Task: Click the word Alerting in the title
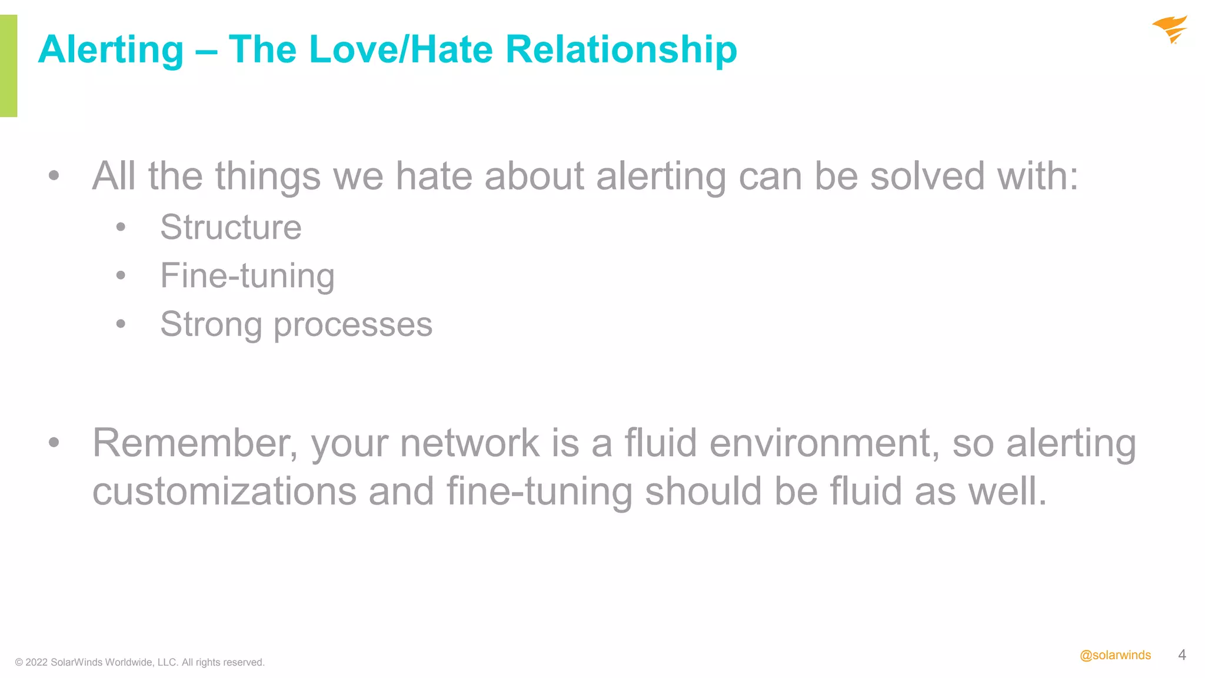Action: point(111,49)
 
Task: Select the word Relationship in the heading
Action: point(621,49)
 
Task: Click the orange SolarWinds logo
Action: point(1170,29)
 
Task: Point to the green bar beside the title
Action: point(8,65)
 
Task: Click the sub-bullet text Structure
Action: point(231,227)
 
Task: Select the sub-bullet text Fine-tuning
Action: point(247,275)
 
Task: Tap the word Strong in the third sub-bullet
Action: point(211,324)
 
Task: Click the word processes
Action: point(353,324)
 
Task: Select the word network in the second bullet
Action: point(470,443)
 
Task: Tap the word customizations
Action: point(224,491)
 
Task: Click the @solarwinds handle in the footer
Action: point(1115,655)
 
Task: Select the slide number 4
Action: point(1181,655)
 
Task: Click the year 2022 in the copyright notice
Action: point(36,662)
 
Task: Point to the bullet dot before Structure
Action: point(121,227)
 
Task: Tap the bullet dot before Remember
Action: point(54,443)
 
